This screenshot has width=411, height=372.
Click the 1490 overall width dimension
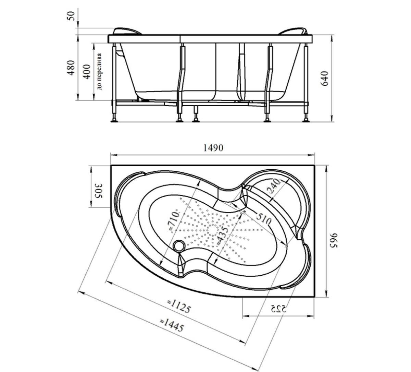point(213,148)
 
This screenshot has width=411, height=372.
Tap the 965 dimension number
point(333,240)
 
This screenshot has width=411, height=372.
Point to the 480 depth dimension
point(71,68)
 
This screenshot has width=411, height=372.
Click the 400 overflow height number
point(87,72)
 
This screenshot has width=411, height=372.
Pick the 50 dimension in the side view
point(71,16)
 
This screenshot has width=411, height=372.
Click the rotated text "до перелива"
point(99,71)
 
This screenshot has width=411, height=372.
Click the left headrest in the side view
point(127,31)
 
